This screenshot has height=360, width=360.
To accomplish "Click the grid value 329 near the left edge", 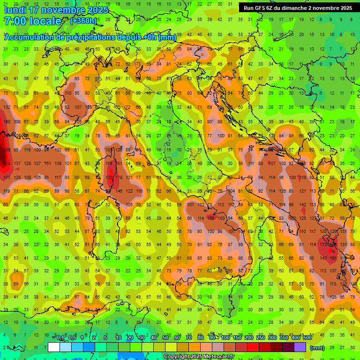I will tap(6, 163).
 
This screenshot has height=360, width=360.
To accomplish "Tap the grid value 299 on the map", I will tap(5, 150).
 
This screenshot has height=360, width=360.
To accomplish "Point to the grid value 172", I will tap(323, 244).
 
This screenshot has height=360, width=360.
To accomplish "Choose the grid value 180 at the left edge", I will tap(6, 122).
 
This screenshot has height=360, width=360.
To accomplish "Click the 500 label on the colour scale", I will tap(307, 338).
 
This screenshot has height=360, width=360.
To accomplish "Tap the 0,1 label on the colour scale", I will tap(60, 338).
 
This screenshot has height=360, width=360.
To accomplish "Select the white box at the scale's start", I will tap(53, 347).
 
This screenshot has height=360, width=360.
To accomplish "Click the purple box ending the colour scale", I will tap(300, 347).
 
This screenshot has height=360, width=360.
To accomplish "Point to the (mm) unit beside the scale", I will tap(317, 348).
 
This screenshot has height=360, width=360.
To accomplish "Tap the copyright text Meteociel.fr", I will tap(199, 356).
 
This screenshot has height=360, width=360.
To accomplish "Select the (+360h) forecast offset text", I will tap(83, 21).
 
